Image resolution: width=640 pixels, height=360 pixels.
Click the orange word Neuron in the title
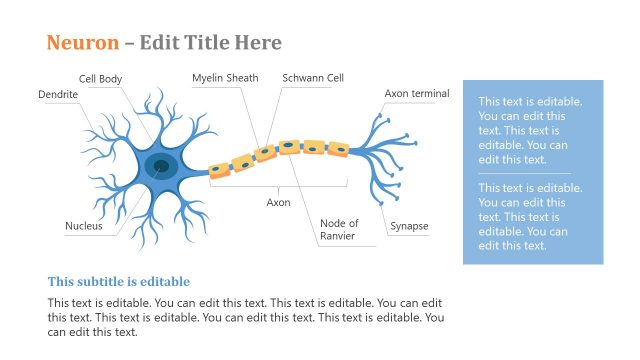82,42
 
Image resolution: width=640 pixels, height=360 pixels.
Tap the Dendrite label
58,94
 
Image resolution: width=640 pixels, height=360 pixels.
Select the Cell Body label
100,78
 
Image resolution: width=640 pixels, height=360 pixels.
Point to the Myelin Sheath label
225,78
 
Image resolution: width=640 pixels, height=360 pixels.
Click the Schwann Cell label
313,78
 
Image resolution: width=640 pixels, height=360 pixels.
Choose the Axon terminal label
417,94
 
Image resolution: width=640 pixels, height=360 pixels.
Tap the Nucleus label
84,226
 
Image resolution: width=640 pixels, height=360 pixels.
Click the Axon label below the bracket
278,202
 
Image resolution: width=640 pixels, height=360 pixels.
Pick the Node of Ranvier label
339,229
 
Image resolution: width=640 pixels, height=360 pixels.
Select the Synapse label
409,226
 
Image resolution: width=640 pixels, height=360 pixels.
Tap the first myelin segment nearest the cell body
218,169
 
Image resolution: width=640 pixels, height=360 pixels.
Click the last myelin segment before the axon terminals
338,149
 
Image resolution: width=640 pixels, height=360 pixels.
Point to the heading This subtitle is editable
119,282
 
